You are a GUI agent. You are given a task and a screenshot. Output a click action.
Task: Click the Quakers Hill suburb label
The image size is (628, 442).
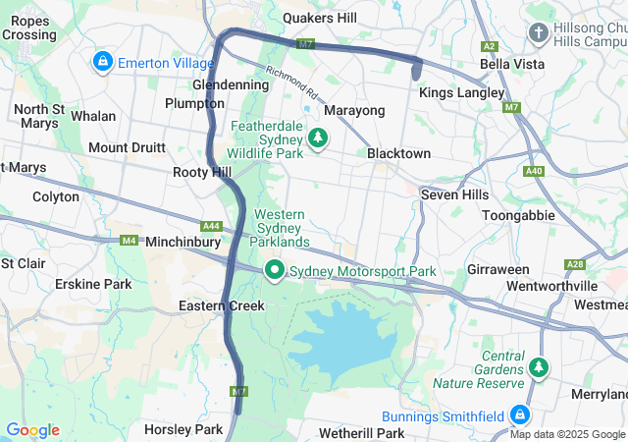coord(320,18)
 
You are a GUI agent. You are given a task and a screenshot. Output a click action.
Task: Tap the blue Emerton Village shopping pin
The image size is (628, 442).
coord(102,63)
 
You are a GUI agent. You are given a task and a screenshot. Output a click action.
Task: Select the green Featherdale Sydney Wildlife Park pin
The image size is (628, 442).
coord(317,138)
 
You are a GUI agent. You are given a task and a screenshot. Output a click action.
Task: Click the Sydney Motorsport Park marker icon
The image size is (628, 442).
coord(276,270)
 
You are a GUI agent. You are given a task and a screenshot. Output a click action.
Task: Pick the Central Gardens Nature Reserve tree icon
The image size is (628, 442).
coord(538,367)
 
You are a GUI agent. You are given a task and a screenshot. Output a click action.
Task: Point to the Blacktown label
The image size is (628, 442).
coord(398,154)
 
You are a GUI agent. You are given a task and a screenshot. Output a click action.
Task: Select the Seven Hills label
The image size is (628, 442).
coord(454,194)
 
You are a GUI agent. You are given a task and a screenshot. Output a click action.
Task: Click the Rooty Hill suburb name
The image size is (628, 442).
coord(202,172)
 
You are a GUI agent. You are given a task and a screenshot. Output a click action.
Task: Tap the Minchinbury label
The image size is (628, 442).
coord(183,241)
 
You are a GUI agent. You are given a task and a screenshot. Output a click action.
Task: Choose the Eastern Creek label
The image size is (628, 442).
coord(222,305)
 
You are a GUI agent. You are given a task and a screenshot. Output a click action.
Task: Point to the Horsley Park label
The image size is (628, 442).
coord(183,429)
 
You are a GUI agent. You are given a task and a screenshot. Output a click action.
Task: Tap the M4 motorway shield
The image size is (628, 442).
coord(130,241)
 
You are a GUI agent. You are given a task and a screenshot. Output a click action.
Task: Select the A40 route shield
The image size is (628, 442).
coord(534,171)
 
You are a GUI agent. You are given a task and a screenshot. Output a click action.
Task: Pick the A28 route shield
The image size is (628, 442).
coord(576,264)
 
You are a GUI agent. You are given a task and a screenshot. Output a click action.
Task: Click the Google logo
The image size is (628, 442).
coord(32,430)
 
